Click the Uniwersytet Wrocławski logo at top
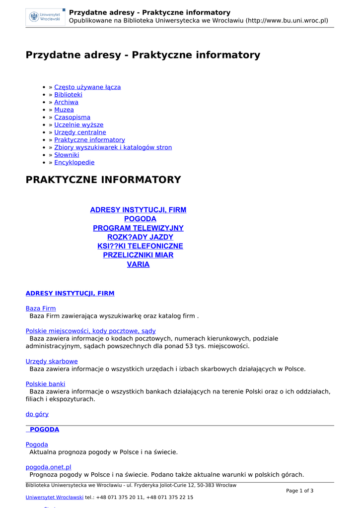point(45,17)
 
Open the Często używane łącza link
point(87,87)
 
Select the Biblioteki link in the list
point(68,95)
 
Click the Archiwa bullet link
point(66,102)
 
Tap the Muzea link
point(64,110)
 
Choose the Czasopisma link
point(72,118)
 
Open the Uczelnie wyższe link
point(78,125)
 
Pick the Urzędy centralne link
point(80,132)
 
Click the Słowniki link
point(67,155)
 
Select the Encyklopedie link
point(74,163)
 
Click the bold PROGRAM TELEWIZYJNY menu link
point(138,228)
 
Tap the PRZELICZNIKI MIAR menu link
point(138,255)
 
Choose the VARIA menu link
point(138,264)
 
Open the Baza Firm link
point(41,309)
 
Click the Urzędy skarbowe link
point(52,362)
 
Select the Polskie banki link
point(45,384)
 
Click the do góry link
point(37,414)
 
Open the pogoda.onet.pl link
point(48,467)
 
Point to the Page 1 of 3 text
point(299,491)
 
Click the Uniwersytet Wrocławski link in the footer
point(55,497)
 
